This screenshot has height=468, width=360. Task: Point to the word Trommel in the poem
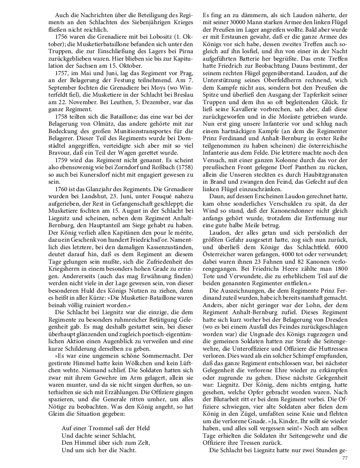coord(99,428)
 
